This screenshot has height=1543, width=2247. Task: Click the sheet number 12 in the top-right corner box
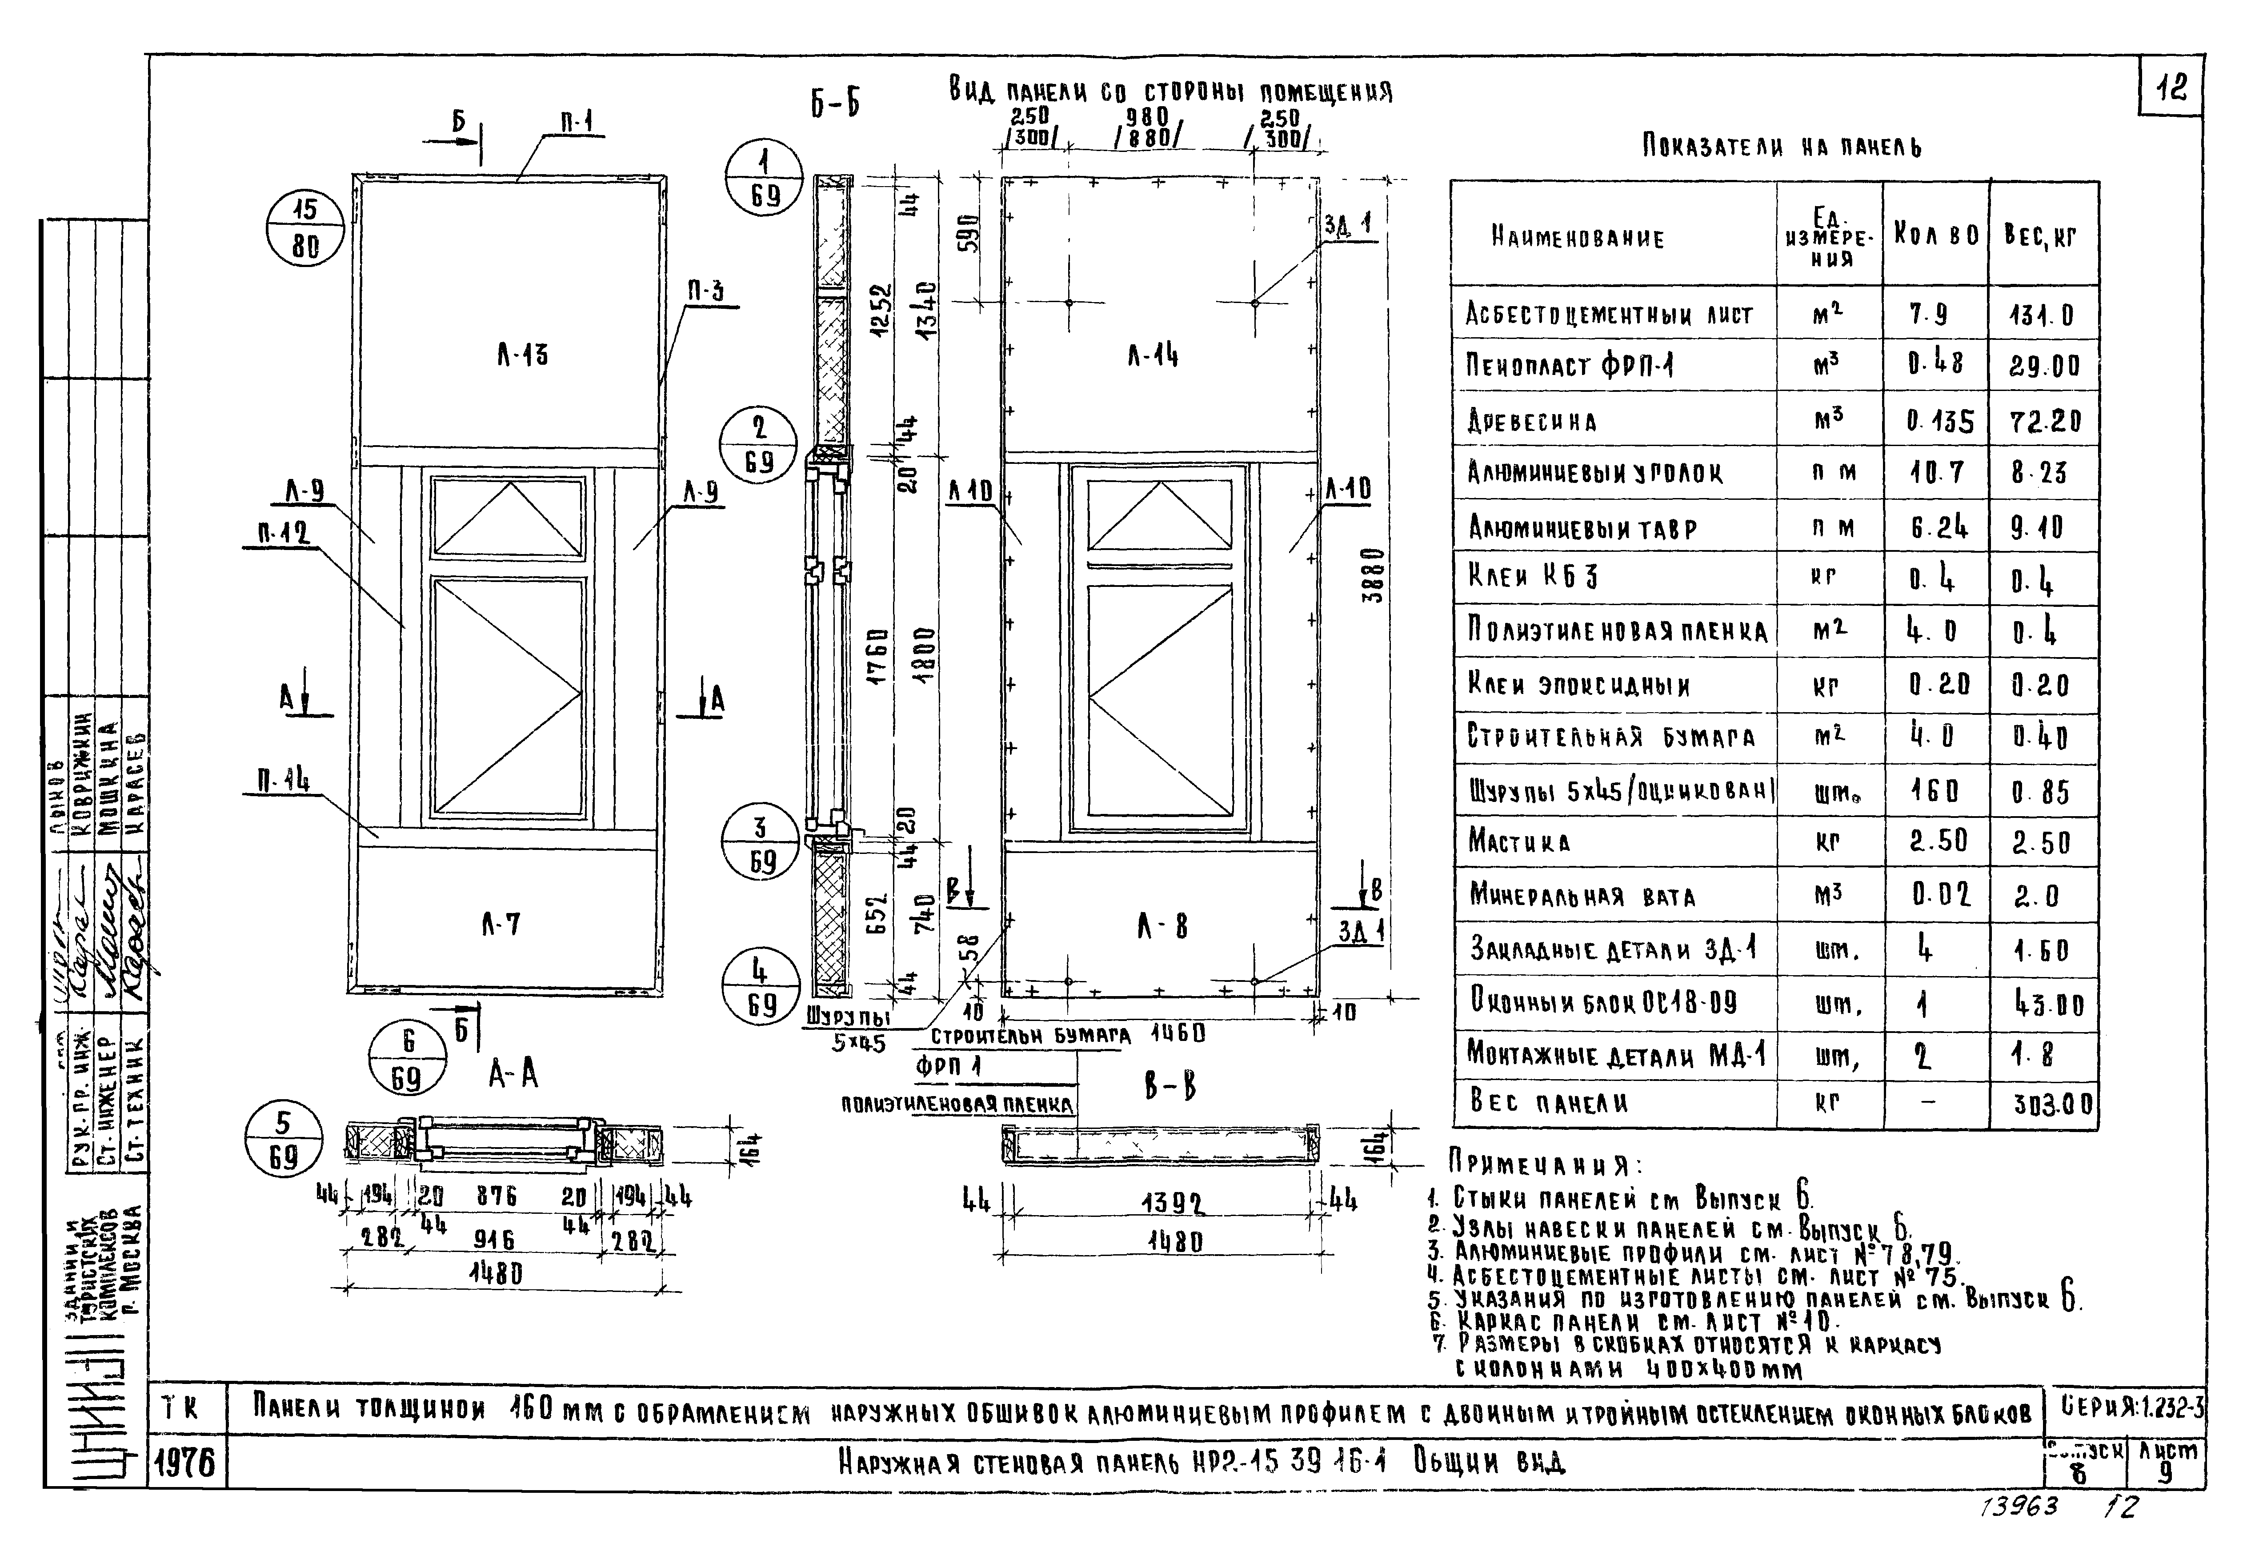click(2171, 89)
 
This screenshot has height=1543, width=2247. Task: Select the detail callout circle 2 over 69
click(759, 445)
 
